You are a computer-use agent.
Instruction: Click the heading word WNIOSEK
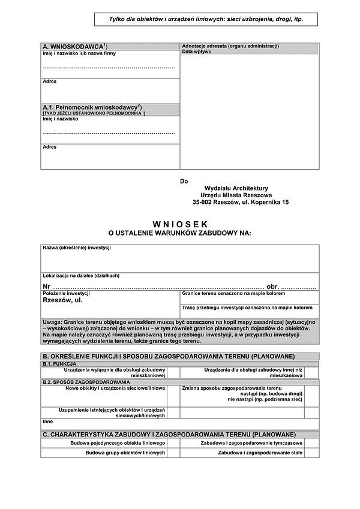click(179, 224)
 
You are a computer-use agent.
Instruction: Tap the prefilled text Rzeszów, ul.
click(63, 300)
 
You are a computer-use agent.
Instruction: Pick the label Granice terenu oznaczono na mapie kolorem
click(233, 293)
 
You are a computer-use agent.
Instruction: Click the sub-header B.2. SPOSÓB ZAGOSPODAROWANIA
click(86, 381)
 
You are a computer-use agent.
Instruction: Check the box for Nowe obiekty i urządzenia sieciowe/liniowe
click(173, 394)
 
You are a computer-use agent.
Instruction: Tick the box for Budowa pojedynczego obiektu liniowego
click(173, 442)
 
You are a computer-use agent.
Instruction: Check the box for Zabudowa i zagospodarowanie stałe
click(311, 453)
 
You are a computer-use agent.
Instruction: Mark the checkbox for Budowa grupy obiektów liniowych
click(173, 453)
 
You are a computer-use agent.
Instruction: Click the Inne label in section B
click(48, 421)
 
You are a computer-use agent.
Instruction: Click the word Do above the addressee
click(184, 181)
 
